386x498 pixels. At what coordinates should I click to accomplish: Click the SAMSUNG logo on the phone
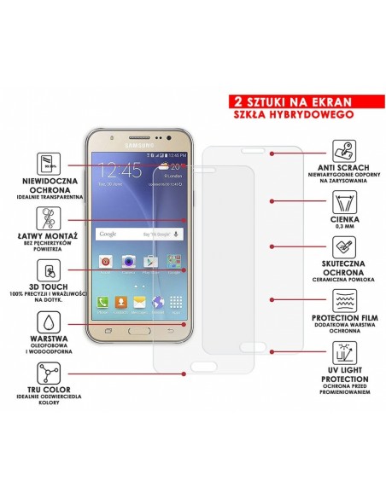[x=141, y=145]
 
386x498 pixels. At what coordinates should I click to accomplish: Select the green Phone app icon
[x=103, y=302]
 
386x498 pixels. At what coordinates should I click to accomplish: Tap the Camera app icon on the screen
[x=128, y=261]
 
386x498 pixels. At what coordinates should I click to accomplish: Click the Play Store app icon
[x=152, y=261]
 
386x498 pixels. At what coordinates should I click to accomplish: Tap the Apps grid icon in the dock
[x=177, y=302]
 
